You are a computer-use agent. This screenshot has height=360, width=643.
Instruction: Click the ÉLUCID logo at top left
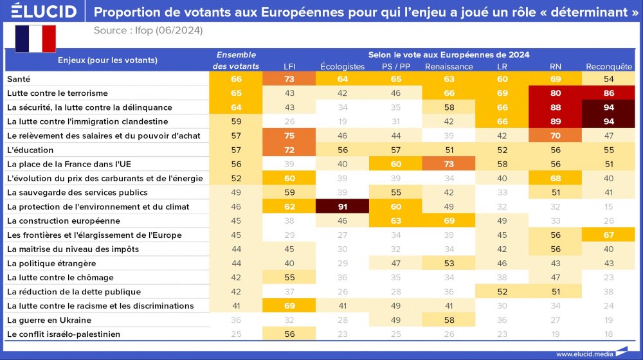pyautogui.click(x=44, y=12)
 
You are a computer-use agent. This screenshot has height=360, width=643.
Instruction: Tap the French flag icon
pyautogui.click(x=35, y=39)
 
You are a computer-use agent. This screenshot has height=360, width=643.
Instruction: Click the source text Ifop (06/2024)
pyautogui.click(x=148, y=30)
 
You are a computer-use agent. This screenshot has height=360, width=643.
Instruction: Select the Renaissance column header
pyautogui.click(x=449, y=66)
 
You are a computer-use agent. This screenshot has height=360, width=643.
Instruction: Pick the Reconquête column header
pyautogui.click(x=609, y=66)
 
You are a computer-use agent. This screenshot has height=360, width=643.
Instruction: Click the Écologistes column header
pyautogui.click(x=342, y=66)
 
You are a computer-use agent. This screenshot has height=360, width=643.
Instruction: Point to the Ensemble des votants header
pyautogui.click(x=236, y=60)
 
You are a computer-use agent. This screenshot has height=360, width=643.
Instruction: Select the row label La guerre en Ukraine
pyautogui.click(x=49, y=320)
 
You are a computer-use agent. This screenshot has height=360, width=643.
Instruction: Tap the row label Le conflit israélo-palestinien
pyautogui.click(x=63, y=334)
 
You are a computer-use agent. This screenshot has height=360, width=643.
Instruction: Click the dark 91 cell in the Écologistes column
pyautogui.click(x=342, y=206)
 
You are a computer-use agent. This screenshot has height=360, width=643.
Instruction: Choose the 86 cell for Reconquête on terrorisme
pyautogui.click(x=609, y=93)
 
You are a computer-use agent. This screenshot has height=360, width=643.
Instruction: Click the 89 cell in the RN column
pyautogui.click(x=555, y=122)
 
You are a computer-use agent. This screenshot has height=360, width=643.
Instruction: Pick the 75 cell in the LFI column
pyautogui.click(x=289, y=136)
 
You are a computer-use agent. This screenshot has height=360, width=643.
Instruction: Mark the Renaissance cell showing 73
pyautogui.click(x=449, y=164)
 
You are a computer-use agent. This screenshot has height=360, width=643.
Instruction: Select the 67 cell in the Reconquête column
pyautogui.click(x=609, y=235)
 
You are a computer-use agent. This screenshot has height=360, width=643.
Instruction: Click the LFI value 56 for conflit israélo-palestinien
pyautogui.click(x=289, y=334)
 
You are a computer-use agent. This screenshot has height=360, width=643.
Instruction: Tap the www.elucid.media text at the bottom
pyautogui.click(x=584, y=354)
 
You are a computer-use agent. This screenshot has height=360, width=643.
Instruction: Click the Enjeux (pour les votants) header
pyautogui.click(x=107, y=60)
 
